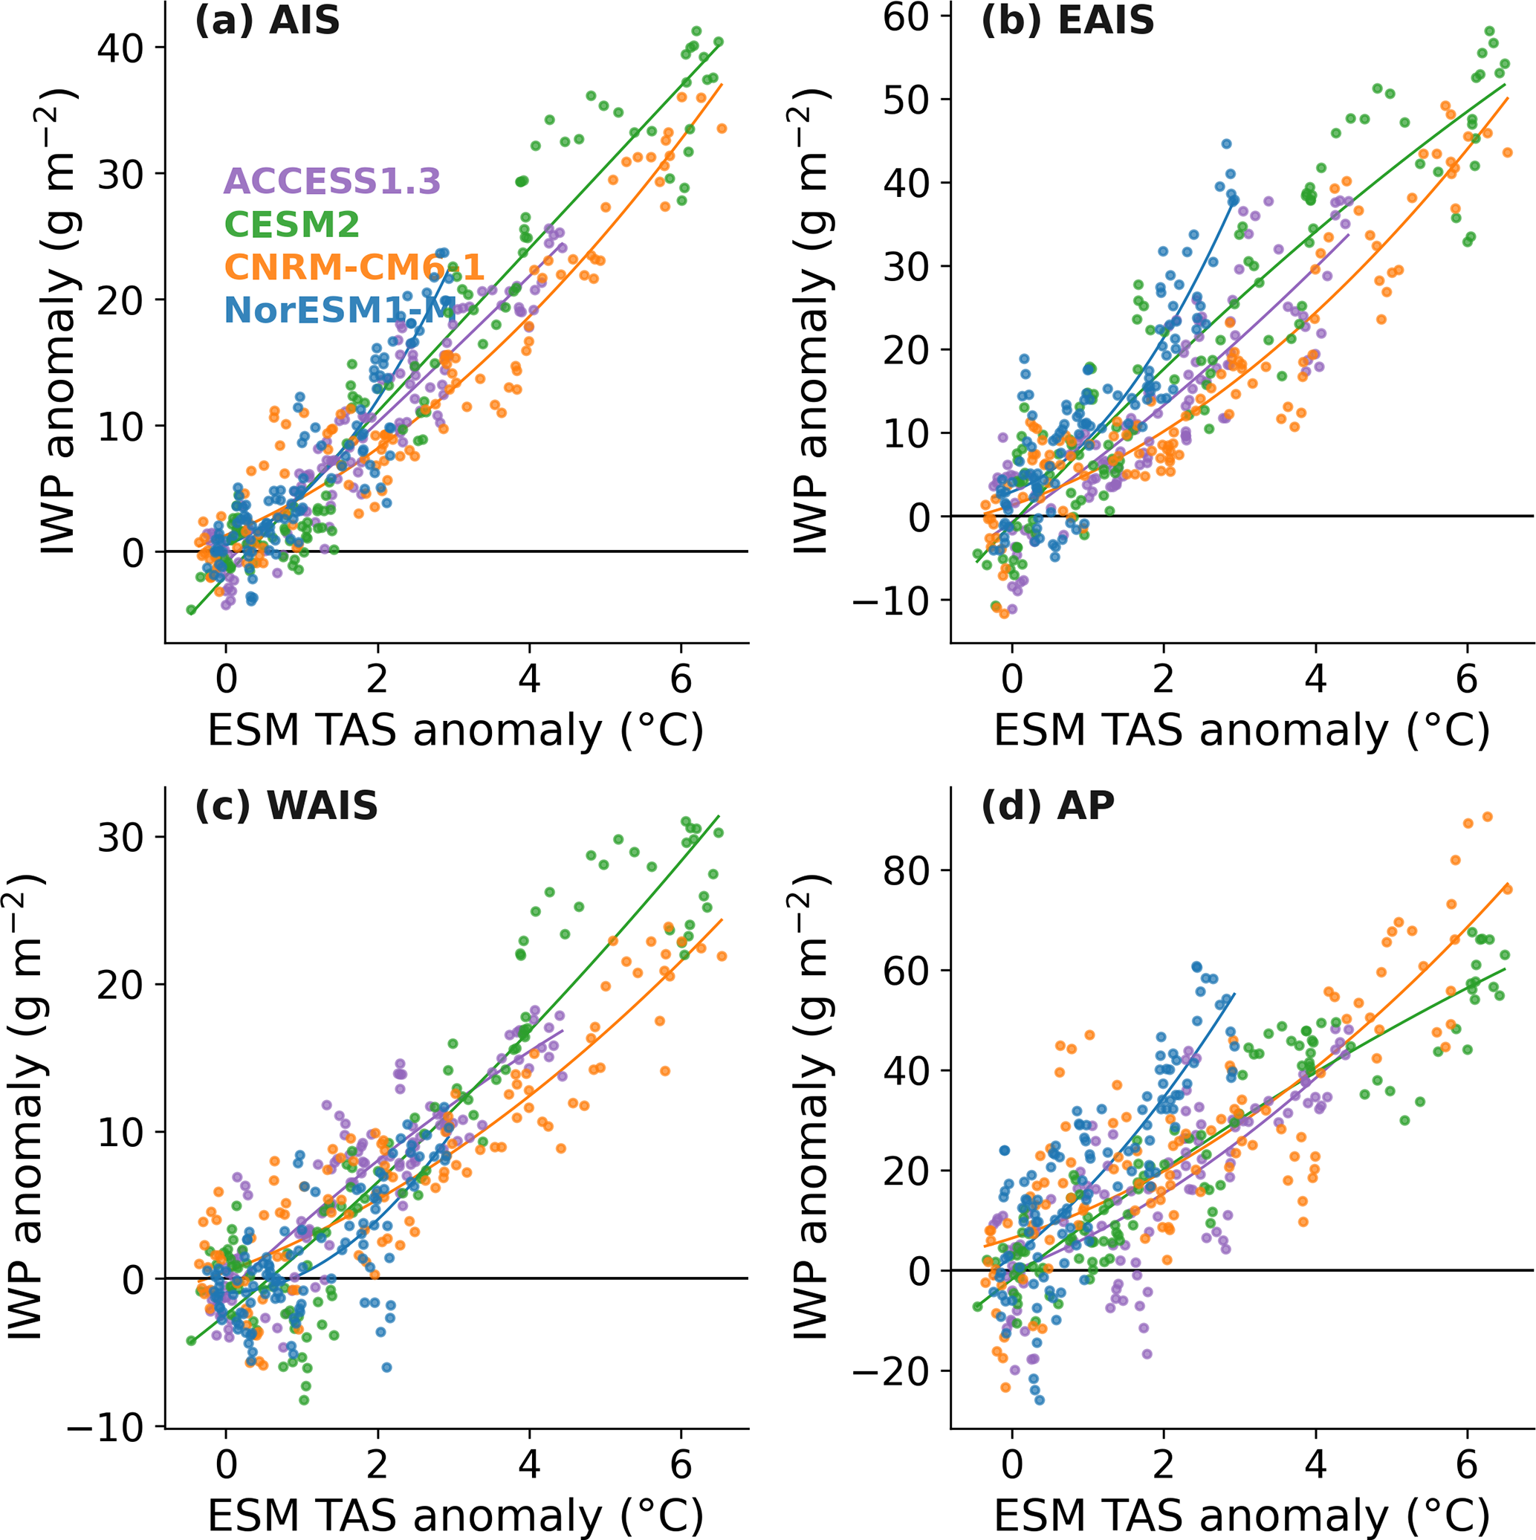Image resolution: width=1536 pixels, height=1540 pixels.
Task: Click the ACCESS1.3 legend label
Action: point(332,182)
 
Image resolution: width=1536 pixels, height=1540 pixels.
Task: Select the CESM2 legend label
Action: point(292,224)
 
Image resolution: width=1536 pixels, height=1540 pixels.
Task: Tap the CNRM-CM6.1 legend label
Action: point(354,267)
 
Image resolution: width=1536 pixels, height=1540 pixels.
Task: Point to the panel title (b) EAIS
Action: point(1067,20)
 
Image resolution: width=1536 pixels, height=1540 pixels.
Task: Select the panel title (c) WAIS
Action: point(286,806)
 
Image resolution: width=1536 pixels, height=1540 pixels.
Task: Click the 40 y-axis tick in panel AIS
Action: point(120,48)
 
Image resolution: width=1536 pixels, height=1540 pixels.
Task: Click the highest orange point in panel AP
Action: point(1486,817)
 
